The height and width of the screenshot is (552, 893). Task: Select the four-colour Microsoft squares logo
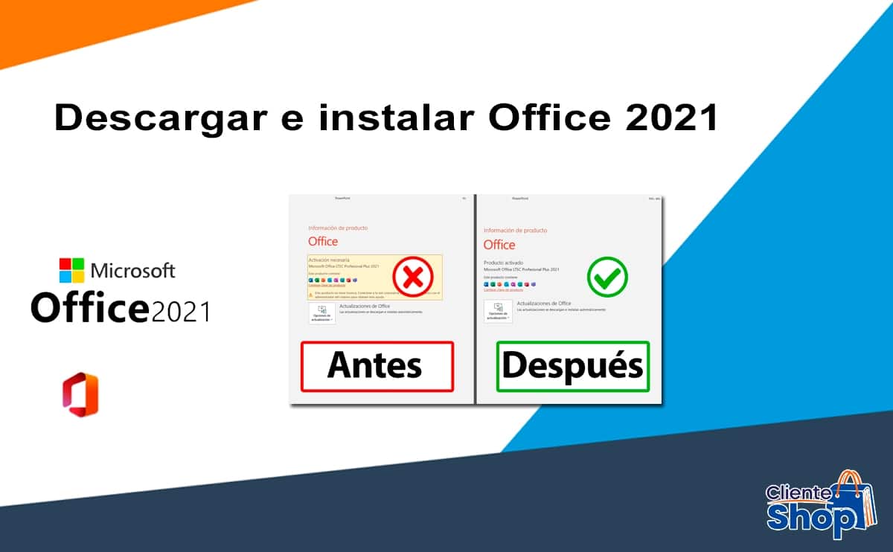tap(72, 271)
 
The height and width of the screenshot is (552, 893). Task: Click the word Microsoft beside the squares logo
tap(132, 270)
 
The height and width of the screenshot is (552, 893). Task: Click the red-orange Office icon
tap(80, 395)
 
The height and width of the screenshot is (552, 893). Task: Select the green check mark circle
tap(606, 277)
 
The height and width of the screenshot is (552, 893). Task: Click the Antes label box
tap(377, 366)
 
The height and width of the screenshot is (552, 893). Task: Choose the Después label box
tap(572, 366)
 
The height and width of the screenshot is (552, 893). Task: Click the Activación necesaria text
tap(330, 260)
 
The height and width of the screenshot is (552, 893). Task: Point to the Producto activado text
tap(504, 263)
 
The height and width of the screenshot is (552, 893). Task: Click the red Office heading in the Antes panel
tap(323, 241)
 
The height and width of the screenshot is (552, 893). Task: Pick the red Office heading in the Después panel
tap(499, 245)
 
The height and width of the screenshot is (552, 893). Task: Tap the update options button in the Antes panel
tap(321, 313)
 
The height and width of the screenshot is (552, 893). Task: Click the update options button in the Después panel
tap(497, 312)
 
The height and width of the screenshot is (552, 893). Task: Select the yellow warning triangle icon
tap(310, 295)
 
